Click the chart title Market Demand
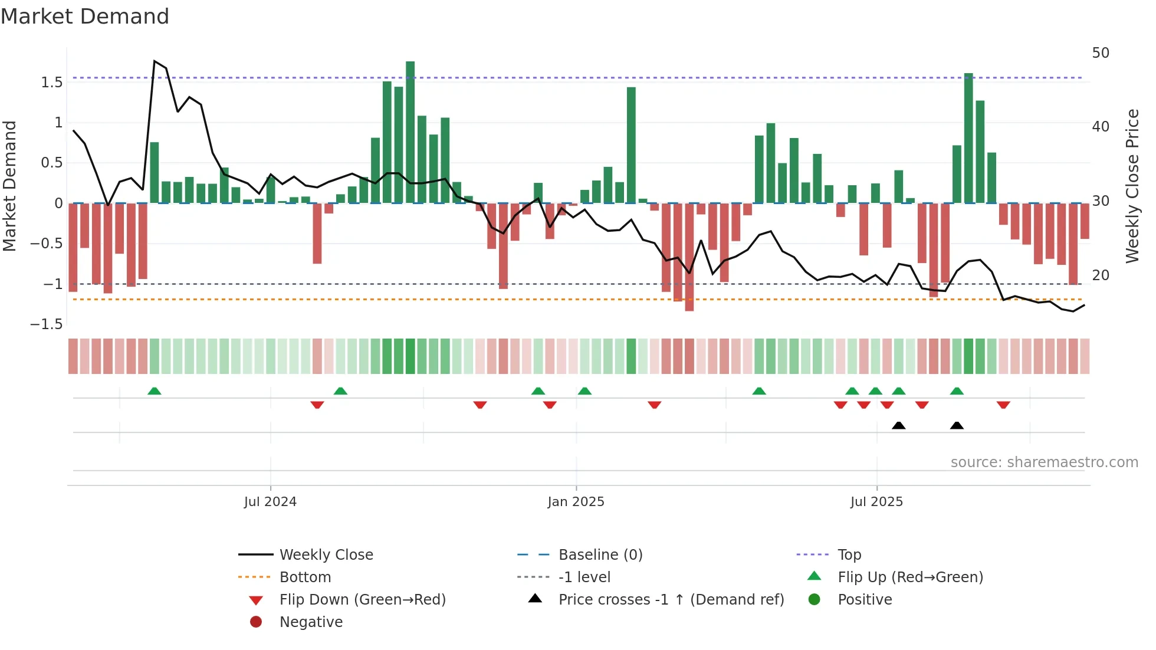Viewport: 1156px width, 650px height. pos(85,17)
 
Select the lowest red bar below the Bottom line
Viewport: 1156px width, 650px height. pos(689,307)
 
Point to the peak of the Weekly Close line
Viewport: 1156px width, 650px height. pos(155,61)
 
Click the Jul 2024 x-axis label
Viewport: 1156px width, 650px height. pos(270,502)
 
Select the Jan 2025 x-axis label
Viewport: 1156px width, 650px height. pos(576,502)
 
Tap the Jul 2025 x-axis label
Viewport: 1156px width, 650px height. pos(876,502)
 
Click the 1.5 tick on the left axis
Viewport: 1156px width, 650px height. pos(52,83)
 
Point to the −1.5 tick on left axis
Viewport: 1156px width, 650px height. pos(47,324)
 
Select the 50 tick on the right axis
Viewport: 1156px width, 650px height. pos(1101,53)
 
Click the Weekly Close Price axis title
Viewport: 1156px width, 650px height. pos(1132,186)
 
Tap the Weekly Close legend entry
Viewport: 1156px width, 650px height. pos(326,555)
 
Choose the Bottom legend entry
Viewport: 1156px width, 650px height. pos(305,577)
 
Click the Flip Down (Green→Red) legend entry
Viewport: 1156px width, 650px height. pos(362,600)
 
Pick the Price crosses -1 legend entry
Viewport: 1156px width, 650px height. pos(671,600)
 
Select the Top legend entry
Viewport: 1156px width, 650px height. pos(849,555)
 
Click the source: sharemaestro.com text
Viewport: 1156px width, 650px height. pos(1044,462)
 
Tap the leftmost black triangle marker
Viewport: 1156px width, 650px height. pos(898,425)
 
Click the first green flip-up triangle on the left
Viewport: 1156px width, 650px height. pos(154,391)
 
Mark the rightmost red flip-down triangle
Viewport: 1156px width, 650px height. pos(1003,405)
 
